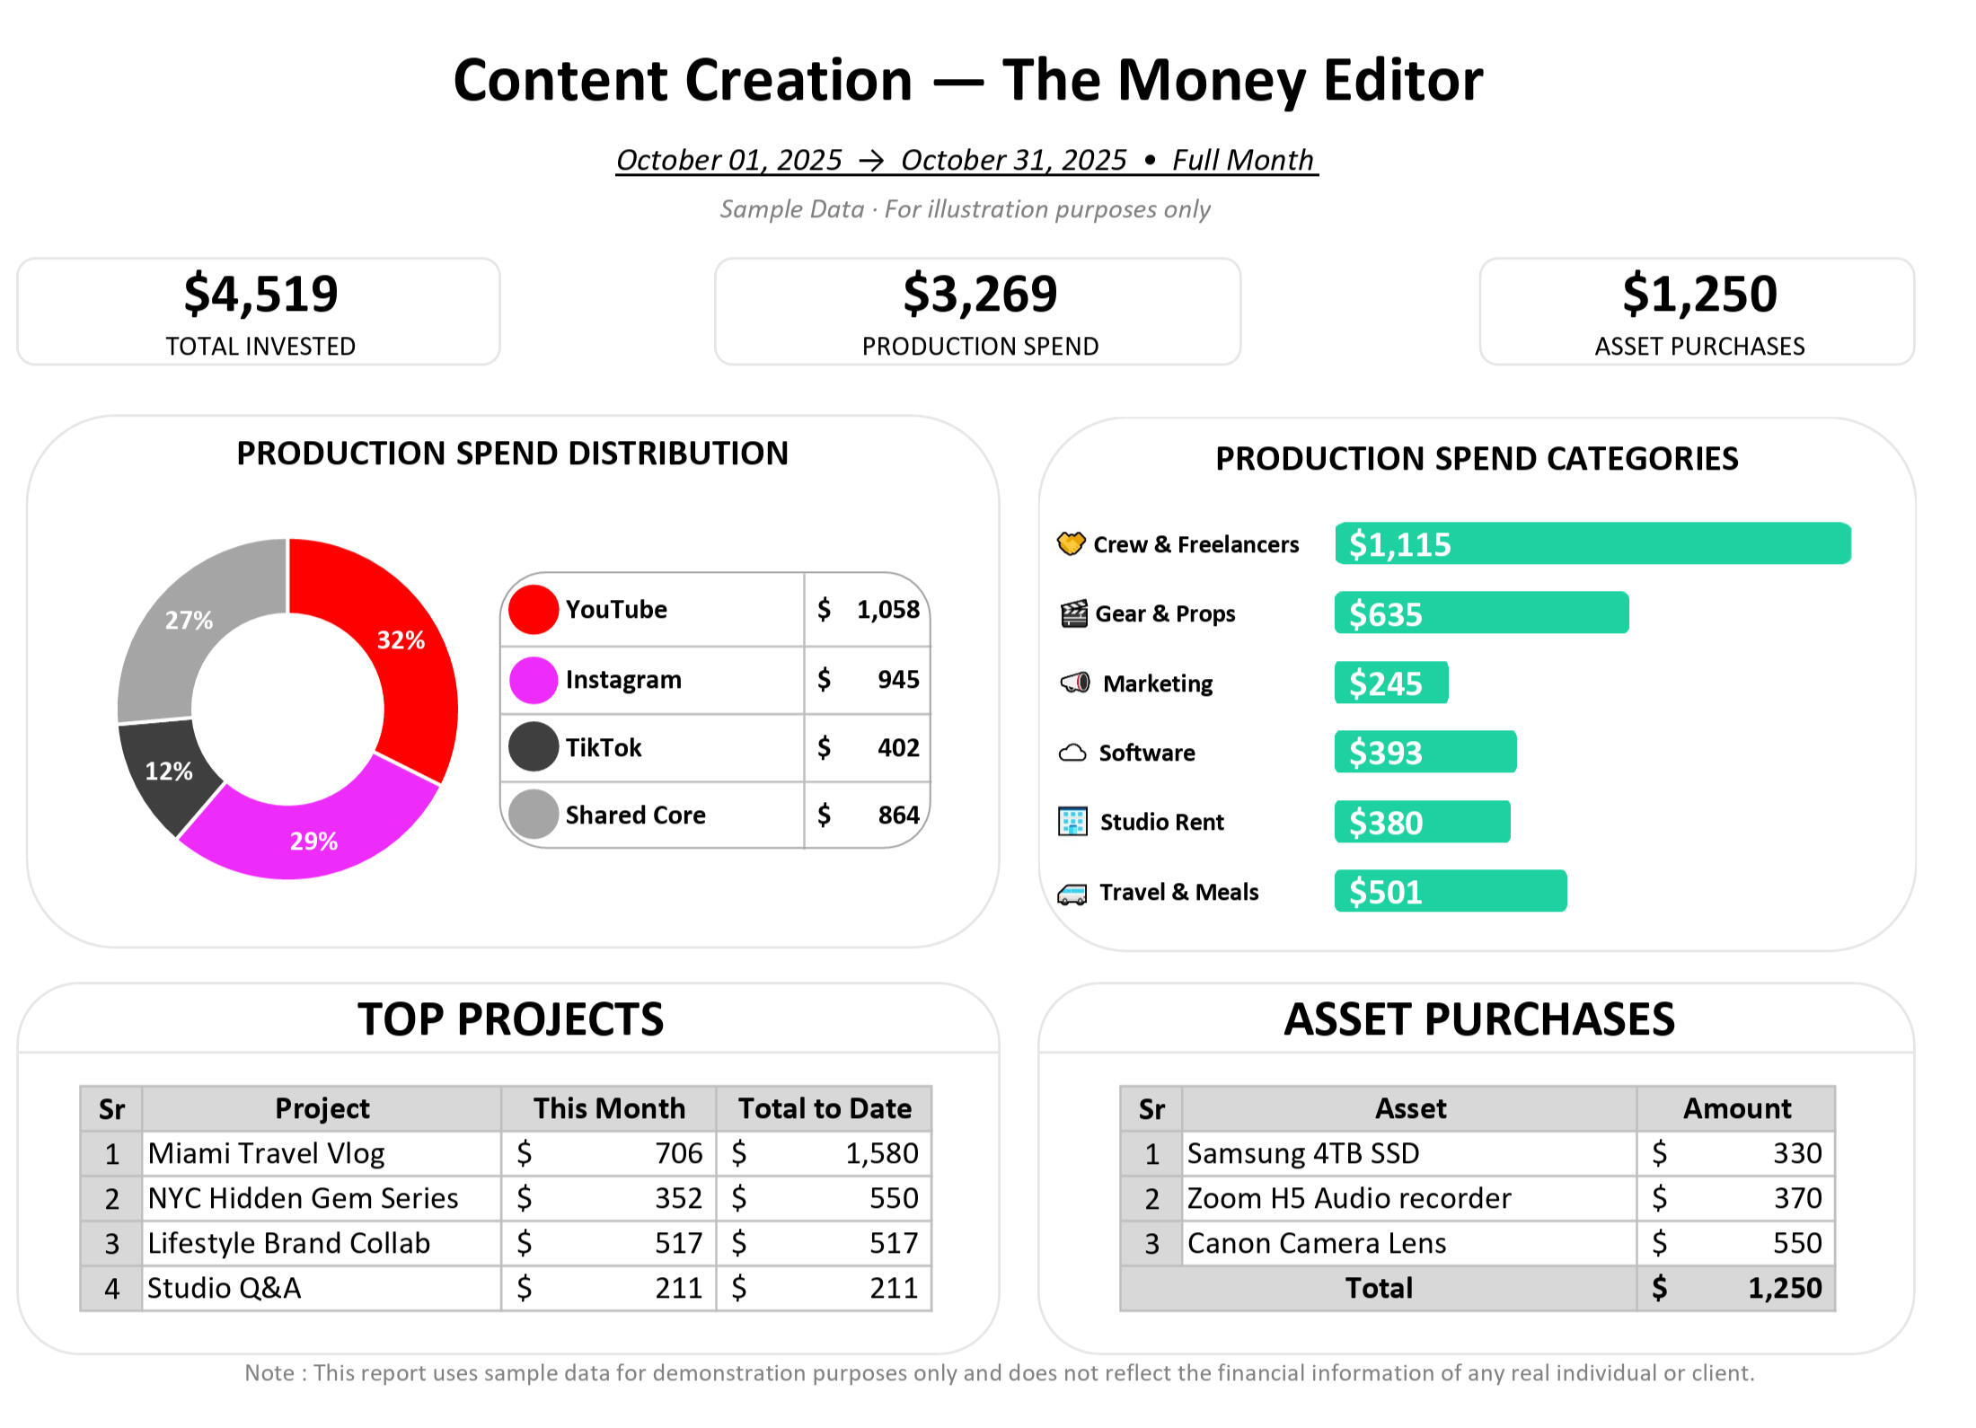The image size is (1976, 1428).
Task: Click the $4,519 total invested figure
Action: (x=260, y=295)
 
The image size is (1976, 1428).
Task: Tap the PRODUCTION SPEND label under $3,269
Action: (x=980, y=347)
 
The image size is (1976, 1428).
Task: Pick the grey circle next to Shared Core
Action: (x=534, y=815)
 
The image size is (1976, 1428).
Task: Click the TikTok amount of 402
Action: (x=897, y=747)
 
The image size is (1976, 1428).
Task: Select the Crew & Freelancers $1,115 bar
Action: (x=1592, y=544)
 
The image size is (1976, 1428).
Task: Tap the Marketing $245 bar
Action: (x=1390, y=683)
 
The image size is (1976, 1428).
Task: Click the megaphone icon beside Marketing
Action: (x=1075, y=683)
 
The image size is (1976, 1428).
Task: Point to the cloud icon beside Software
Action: (x=1072, y=753)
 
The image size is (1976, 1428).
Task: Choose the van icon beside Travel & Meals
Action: (x=1072, y=894)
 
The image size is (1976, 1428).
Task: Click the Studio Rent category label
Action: (x=1161, y=822)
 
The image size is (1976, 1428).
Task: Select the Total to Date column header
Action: (x=824, y=1108)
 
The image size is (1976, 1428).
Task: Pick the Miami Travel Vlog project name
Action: (x=266, y=1153)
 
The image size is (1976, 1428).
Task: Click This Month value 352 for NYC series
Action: (x=678, y=1198)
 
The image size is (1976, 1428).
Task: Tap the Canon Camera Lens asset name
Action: (x=1316, y=1243)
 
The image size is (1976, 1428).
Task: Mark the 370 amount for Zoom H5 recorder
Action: (x=1796, y=1198)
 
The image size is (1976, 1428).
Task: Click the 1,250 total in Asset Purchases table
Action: (x=1784, y=1288)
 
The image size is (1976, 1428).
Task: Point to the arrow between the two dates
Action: (x=871, y=161)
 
